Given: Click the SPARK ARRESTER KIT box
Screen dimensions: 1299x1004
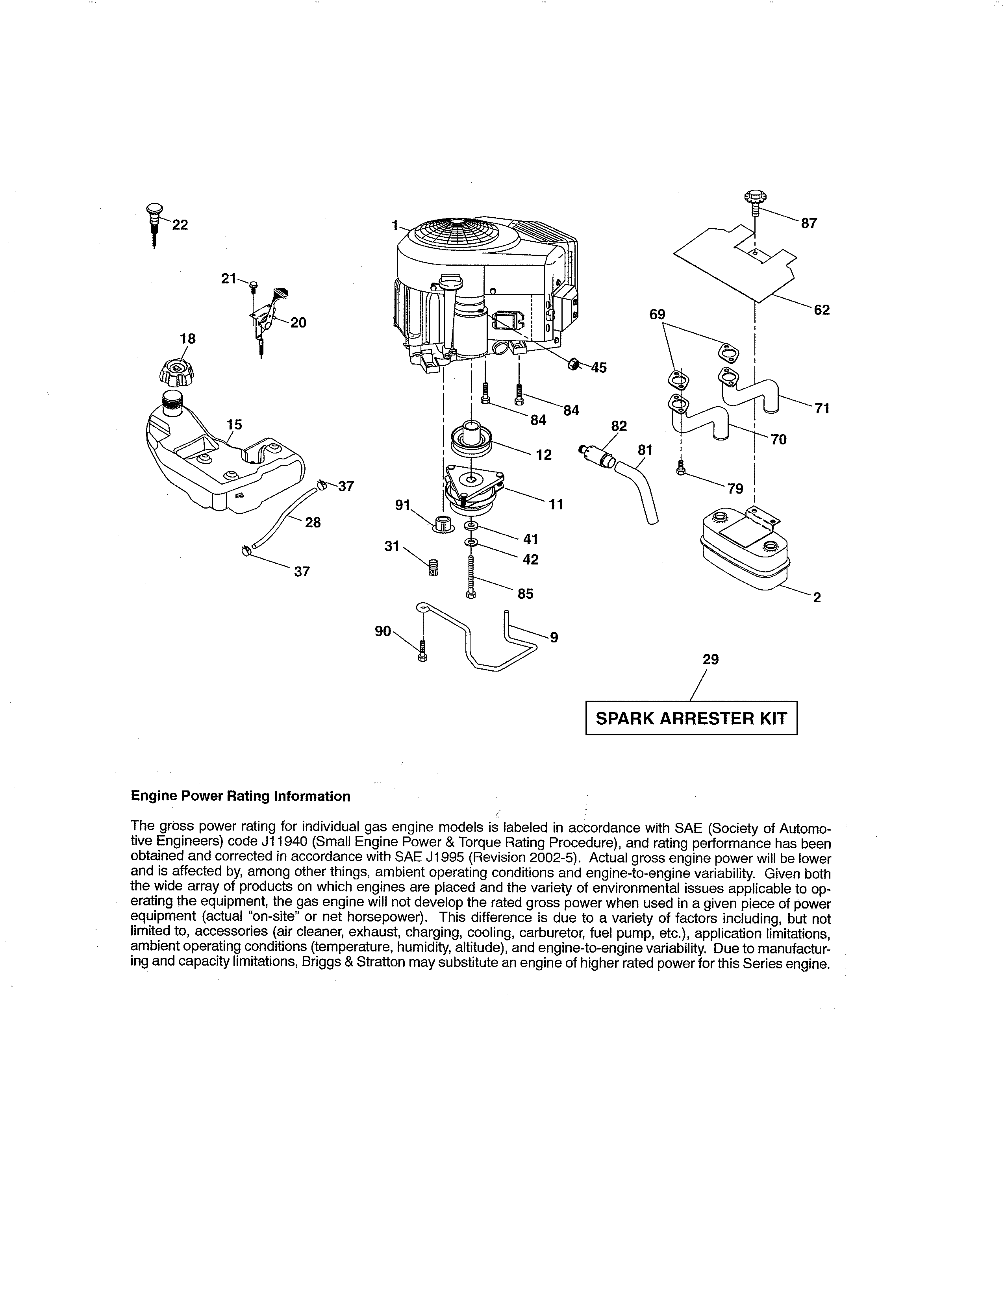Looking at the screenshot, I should coord(691,718).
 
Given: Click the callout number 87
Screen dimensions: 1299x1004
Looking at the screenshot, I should coord(809,223).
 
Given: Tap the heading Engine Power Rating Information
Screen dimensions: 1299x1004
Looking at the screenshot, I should coord(240,796).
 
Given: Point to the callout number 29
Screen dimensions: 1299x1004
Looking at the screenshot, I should coord(711,659).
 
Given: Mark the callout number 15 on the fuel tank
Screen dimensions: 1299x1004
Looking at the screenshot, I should coord(234,425).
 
